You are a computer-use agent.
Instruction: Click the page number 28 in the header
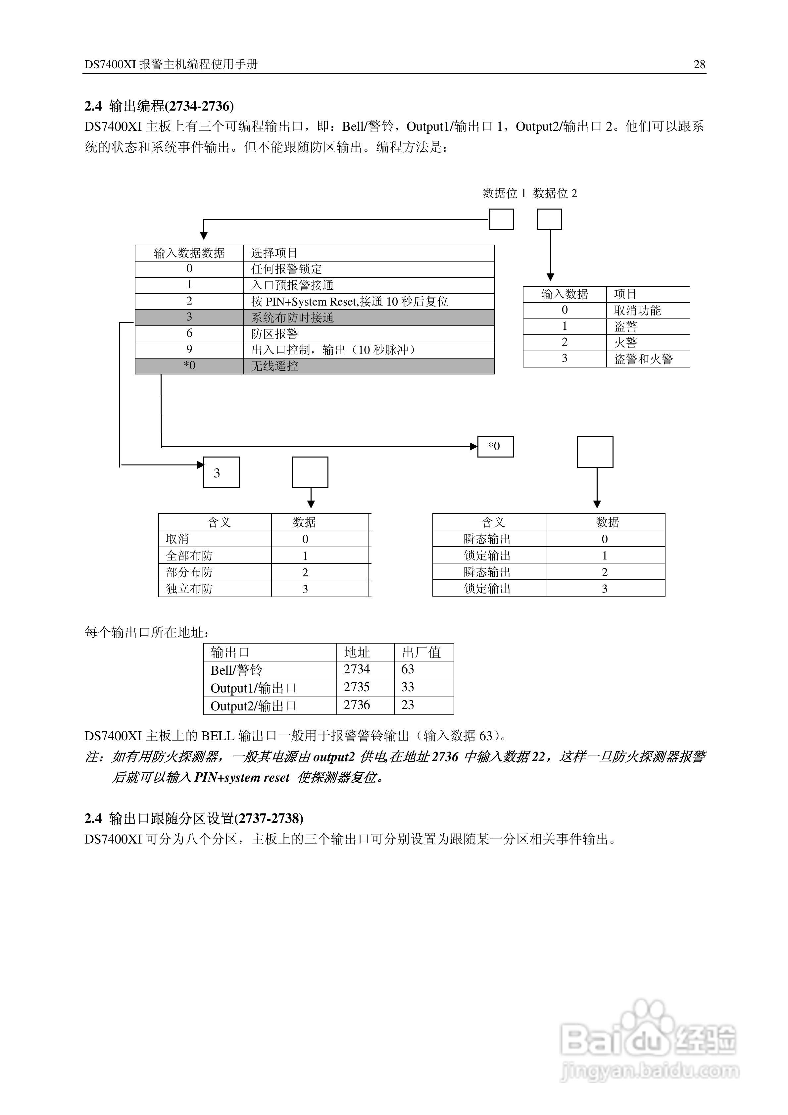point(699,64)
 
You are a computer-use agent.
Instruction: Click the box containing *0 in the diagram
point(495,446)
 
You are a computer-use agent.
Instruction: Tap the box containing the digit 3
point(221,472)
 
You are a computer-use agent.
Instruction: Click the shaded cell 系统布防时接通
point(292,317)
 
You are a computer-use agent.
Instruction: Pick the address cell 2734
point(357,669)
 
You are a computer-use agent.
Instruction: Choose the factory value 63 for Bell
point(408,669)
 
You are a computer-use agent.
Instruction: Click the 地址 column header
point(357,652)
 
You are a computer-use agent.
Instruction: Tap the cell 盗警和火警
point(643,359)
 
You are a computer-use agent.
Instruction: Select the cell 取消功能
point(637,310)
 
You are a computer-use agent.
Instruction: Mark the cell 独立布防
point(189,589)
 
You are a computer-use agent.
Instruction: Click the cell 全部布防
point(189,556)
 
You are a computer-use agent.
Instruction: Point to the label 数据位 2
point(555,193)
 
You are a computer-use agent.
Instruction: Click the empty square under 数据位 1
point(501,219)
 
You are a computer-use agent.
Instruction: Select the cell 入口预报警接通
point(292,285)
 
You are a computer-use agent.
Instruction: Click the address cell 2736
point(357,705)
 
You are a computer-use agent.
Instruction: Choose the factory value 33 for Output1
point(408,687)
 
